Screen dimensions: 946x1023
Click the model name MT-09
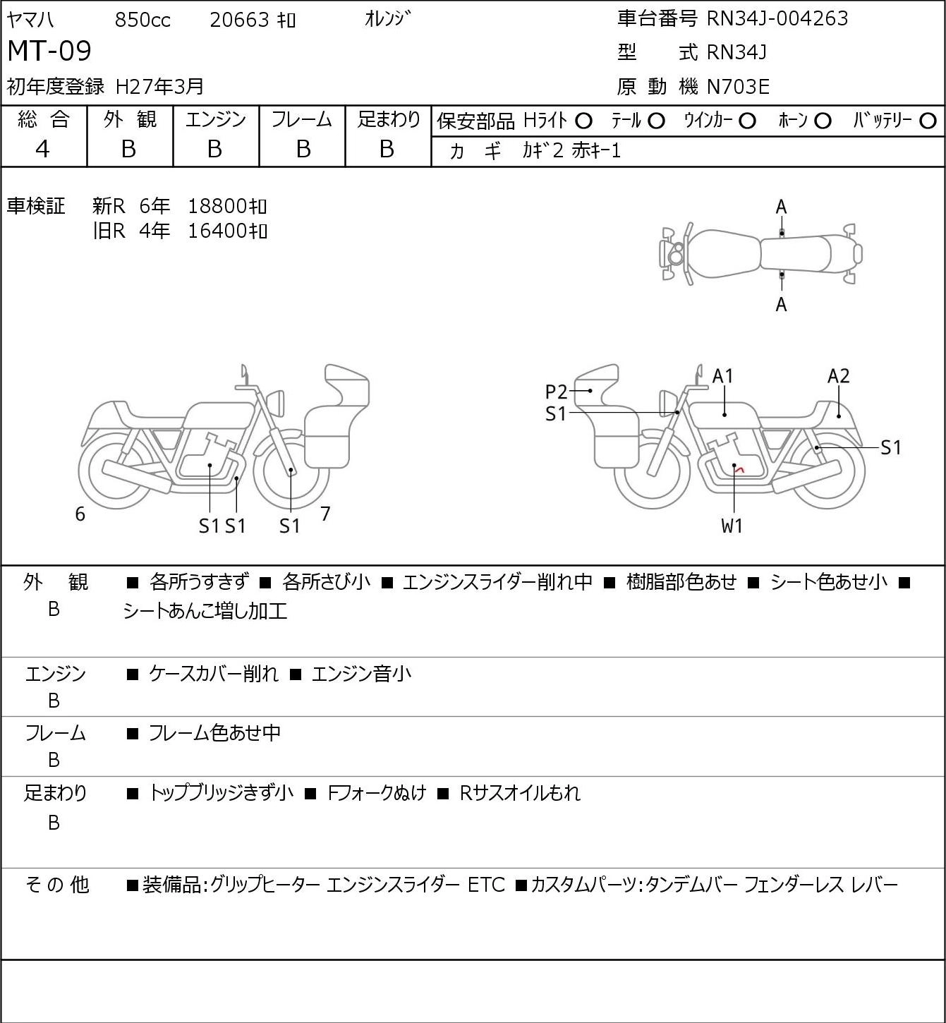coord(49,51)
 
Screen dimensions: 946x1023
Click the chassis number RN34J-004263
coord(777,18)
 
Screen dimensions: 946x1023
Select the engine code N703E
coord(738,87)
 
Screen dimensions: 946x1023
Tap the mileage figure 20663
coord(240,20)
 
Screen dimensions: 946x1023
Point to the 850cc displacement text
coord(142,20)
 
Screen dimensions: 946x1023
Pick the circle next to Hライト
coord(583,121)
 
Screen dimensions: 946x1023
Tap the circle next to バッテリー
coord(928,121)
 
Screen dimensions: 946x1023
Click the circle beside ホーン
coord(823,121)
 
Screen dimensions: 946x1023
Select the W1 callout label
coord(732,526)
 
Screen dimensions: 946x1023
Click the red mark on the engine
coord(741,469)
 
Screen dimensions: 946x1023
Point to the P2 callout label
coord(556,392)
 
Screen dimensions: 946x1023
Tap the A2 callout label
coord(838,377)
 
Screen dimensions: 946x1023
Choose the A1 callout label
coord(722,377)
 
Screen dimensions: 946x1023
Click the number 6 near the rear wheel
coord(80,514)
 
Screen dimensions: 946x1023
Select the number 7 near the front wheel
coord(325,514)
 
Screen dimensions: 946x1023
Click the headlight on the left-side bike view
coord(276,404)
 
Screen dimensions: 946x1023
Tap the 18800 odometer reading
coord(218,207)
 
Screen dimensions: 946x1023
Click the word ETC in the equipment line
coord(486,885)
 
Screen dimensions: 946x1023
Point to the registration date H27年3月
coord(159,87)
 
